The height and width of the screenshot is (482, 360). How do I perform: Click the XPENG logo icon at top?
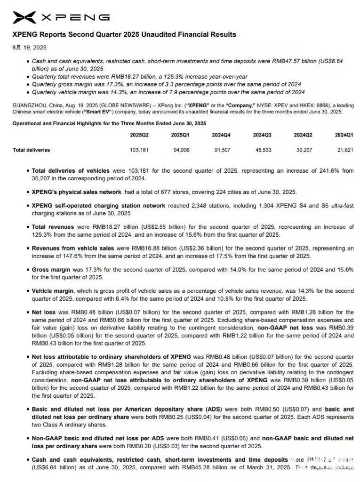tap(24, 17)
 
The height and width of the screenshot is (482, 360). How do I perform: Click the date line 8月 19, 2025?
tap(29, 48)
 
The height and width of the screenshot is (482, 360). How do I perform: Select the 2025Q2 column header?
tap(139, 135)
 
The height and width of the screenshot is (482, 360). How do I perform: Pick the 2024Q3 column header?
tap(262, 135)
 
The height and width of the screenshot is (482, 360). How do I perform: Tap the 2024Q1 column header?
tap(344, 135)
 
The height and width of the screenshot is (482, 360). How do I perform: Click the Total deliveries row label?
tap(31, 150)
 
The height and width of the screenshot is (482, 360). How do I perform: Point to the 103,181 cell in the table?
tap(139, 150)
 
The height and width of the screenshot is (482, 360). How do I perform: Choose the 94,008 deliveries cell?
tap(180, 150)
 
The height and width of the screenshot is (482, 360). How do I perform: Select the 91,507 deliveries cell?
tap(221, 150)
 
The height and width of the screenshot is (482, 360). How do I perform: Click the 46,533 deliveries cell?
tap(262, 150)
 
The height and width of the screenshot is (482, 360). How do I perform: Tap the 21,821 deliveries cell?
tap(344, 150)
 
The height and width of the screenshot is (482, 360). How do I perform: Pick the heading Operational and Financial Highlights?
tap(109, 123)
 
